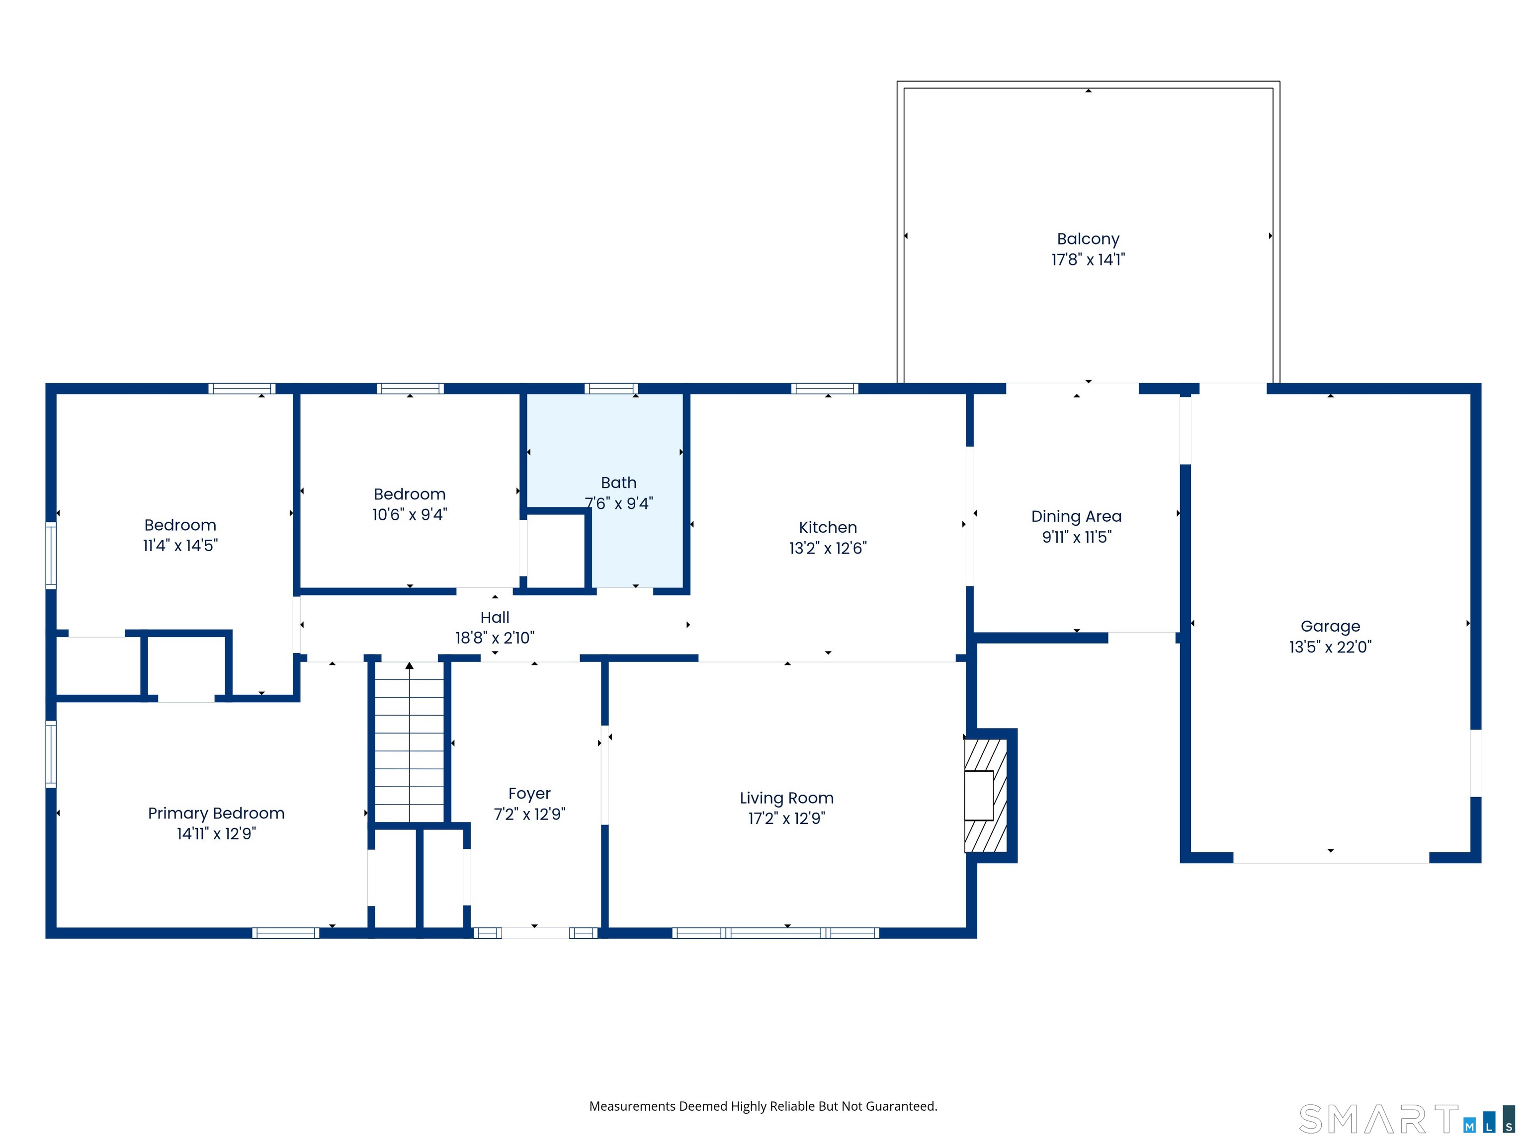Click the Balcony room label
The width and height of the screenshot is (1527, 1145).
click(x=1088, y=239)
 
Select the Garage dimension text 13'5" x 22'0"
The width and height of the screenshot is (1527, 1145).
click(x=1330, y=647)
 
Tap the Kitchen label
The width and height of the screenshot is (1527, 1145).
click(x=828, y=527)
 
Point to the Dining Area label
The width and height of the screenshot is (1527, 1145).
click(x=1076, y=516)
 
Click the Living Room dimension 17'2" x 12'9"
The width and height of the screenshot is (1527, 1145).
click(x=787, y=818)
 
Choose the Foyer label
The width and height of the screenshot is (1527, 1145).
click(x=529, y=794)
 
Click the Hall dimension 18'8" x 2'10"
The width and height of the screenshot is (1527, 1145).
click(x=495, y=638)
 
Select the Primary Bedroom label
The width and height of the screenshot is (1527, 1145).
click(x=216, y=813)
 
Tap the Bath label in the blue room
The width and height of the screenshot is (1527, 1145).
click(x=618, y=483)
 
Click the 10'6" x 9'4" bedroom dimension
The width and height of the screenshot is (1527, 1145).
click(x=410, y=514)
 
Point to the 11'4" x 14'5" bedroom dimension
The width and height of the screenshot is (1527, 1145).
click(x=180, y=545)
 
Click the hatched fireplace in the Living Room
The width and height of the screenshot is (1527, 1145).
click(x=986, y=795)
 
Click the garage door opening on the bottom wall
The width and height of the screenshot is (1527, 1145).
click(x=1331, y=857)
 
